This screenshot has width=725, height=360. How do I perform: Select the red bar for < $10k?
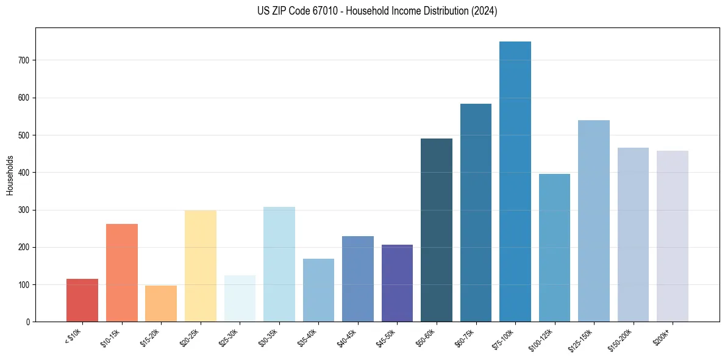pos(82,300)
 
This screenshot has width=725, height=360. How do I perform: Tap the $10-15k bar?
pos(122,273)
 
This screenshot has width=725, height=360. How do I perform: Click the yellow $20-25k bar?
pos(201,266)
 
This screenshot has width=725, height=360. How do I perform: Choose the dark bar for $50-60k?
pos(437,230)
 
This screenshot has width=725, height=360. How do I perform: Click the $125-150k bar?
pos(594,221)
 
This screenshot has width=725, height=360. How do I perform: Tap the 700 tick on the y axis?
pos(25,60)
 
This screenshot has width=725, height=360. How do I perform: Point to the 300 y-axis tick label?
pos(25,210)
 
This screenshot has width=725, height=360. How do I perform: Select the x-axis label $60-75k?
pos(465,337)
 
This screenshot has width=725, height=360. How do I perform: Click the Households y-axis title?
pos(10,175)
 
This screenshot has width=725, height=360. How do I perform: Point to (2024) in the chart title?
pos(484,11)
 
